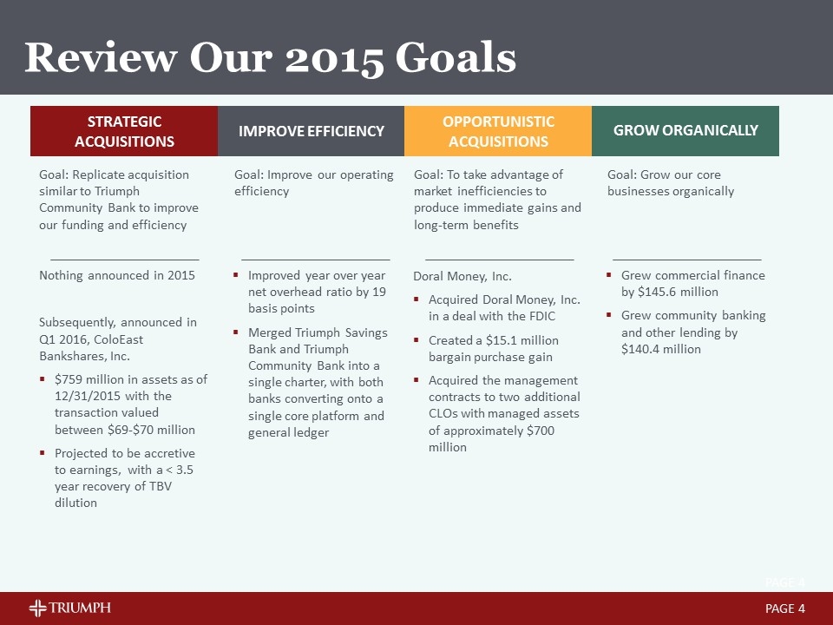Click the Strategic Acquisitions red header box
tap(124, 131)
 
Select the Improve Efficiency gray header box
tap(312, 131)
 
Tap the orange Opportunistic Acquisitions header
tap(498, 131)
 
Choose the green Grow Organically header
tap(685, 131)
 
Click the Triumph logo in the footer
tap(69, 608)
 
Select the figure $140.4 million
tap(661, 349)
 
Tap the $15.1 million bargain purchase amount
tap(522, 340)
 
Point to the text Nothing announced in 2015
tap(117, 275)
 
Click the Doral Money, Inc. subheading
tap(462, 276)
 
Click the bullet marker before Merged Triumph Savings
tap(235, 332)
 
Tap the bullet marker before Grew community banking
tap(609, 315)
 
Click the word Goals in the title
tap(456, 57)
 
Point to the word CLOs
tap(443, 413)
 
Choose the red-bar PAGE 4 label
tap(785, 609)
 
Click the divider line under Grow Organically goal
tap(687, 260)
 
